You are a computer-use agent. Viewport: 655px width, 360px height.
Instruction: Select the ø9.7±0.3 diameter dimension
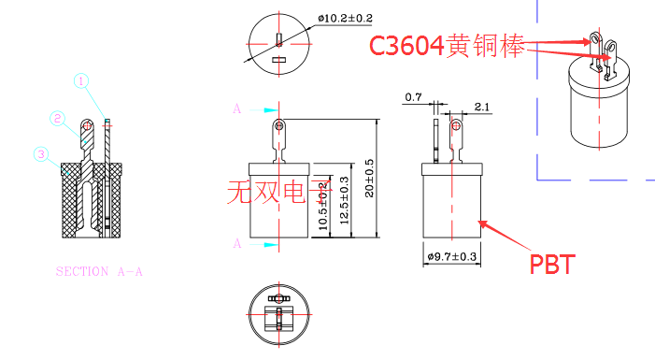pos(451,256)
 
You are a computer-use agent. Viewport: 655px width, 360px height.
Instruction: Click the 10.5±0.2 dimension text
pos(322,208)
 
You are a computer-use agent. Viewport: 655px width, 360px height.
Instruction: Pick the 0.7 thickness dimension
pos(413,96)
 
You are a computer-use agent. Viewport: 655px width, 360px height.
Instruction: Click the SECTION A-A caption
pos(101,272)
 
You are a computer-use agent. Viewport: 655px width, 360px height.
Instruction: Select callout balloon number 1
pos(82,81)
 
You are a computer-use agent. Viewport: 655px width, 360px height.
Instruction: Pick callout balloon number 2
pos(58,119)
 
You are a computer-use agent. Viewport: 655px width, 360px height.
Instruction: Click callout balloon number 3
pos(40,153)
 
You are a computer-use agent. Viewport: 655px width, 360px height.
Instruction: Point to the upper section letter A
pos(237,109)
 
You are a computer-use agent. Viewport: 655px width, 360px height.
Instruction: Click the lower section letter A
pos(237,244)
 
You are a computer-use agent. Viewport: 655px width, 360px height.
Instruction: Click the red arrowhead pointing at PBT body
pos(482,222)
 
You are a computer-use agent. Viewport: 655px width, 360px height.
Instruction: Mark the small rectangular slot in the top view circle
pos(278,61)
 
